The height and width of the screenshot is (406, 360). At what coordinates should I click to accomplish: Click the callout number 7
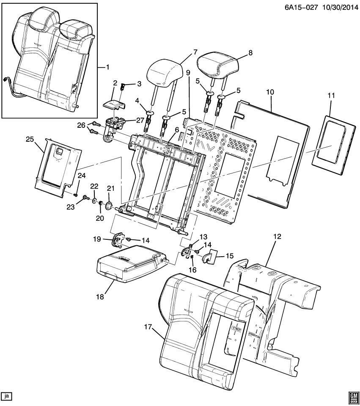(195, 52)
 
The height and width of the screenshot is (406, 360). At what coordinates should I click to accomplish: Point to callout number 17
(148, 326)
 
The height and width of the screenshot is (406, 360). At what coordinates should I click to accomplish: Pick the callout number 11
(330, 96)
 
